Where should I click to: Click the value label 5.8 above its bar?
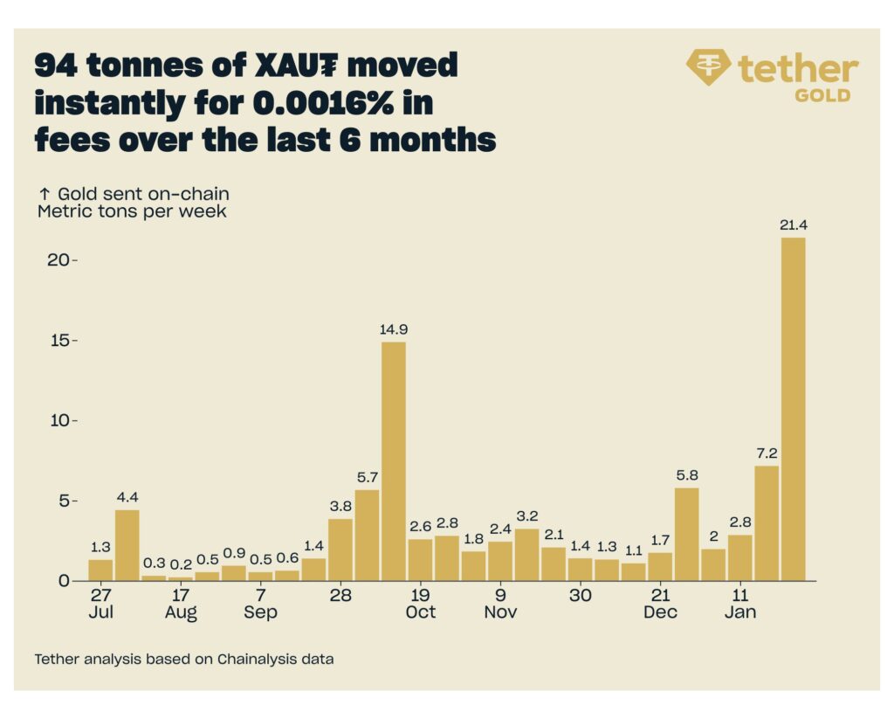click(687, 474)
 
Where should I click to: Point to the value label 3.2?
click(526, 515)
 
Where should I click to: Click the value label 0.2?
click(181, 563)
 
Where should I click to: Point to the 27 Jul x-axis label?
click(101, 604)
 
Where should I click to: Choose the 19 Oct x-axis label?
click(420, 604)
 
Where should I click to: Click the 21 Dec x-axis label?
click(660, 604)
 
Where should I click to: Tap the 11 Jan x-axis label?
click(740, 604)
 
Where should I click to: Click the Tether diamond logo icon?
click(709, 66)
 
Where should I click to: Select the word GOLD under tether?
click(822, 95)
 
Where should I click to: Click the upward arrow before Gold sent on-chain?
click(43, 194)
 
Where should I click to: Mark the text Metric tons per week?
click(132, 211)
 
